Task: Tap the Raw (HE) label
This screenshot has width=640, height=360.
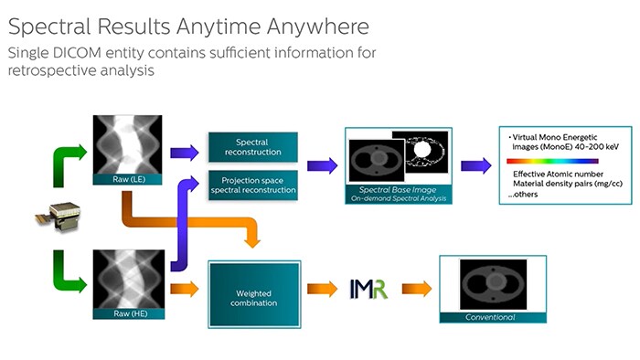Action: [129, 313]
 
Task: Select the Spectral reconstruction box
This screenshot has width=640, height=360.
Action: [252, 148]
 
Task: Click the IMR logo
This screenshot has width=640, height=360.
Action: [368, 290]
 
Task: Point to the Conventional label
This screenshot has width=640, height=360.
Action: [493, 317]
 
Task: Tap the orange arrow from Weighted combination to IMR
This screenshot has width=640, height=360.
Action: [322, 289]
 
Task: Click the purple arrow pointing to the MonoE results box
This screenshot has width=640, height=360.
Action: [475, 165]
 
